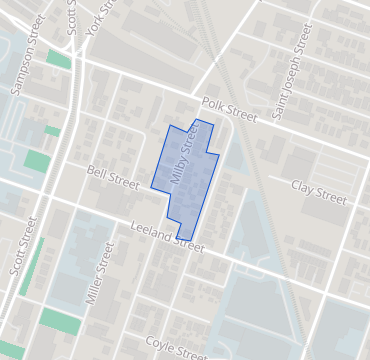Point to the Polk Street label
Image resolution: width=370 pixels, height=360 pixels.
pos(229,108)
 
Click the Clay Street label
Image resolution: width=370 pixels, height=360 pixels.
pos(318,192)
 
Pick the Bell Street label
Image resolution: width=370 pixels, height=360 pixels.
pos(112,178)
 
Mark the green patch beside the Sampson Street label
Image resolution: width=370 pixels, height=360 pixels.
pos(58,59)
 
